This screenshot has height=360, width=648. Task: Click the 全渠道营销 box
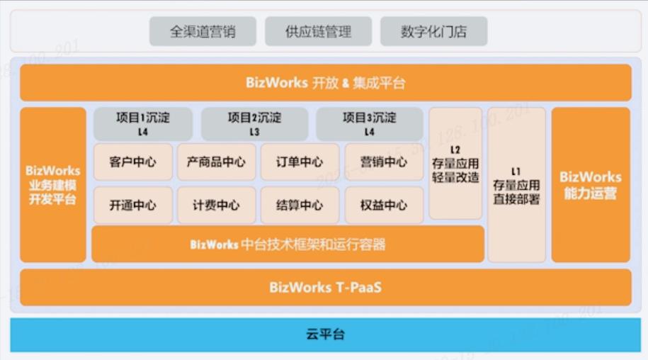[203, 32]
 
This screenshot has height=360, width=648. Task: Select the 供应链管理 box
[318, 32]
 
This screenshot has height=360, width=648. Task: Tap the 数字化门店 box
[433, 32]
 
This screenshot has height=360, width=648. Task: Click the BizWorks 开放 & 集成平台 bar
[325, 83]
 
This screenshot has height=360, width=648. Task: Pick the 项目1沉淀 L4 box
[143, 124]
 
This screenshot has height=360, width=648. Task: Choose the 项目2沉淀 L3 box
[254, 124]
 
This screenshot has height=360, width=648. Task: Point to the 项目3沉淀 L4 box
[369, 124]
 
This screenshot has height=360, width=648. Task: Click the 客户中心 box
[133, 162]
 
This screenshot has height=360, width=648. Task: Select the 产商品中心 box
[216, 162]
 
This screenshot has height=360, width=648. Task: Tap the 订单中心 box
[300, 162]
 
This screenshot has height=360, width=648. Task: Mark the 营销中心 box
[384, 162]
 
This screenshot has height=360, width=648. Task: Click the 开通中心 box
[133, 206]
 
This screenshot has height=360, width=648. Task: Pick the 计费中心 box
[216, 206]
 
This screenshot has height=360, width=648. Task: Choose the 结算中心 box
[300, 206]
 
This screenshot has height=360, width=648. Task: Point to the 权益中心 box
[384, 206]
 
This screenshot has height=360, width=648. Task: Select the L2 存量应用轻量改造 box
[455, 164]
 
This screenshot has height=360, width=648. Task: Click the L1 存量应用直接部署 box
[516, 185]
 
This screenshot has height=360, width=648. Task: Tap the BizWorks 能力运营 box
[591, 185]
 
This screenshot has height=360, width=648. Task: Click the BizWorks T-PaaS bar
[325, 287]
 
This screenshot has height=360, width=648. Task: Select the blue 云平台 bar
[325, 334]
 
